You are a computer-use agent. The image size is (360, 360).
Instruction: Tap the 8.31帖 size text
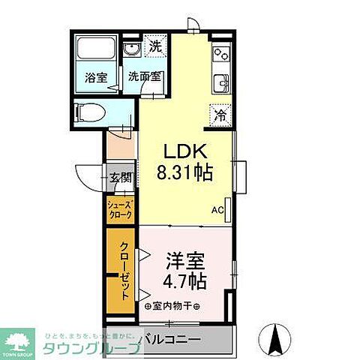[184, 172]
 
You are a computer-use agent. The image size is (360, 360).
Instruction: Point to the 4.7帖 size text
[184, 282]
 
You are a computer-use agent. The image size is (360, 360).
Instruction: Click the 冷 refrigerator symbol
[220, 115]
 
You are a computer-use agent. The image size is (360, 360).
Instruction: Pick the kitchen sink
[220, 82]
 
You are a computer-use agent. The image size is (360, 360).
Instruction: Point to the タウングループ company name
[91, 347]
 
